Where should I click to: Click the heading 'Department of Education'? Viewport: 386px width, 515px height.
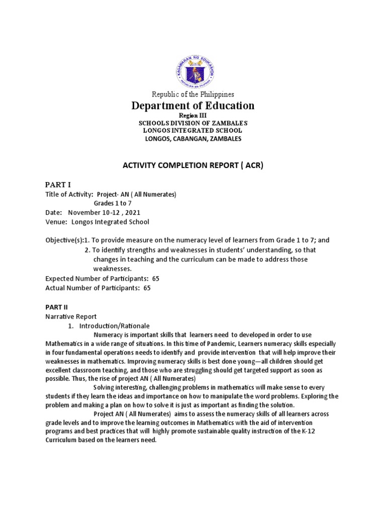[x=193, y=106]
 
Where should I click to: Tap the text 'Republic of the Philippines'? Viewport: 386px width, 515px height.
[x=193, y=94]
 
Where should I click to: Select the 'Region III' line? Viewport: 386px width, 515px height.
[x=193, y=116]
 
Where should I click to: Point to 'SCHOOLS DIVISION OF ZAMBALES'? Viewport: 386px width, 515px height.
[x=193, y=123]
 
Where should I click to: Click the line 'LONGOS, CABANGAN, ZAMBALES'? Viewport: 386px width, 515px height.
[x=193, y=139]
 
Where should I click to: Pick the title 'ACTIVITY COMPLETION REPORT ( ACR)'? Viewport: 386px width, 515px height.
[x=193, y=165]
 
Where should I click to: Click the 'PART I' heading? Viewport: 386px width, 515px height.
[x=59, y=185]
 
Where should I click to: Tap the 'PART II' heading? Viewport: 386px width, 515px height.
[x=57, y=306]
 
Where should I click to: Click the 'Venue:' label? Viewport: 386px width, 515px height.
[x=56, y=222]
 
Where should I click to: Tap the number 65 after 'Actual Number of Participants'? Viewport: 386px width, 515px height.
[x=147, y=288]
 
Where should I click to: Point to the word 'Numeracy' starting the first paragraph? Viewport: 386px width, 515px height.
[x=109, y=335]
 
